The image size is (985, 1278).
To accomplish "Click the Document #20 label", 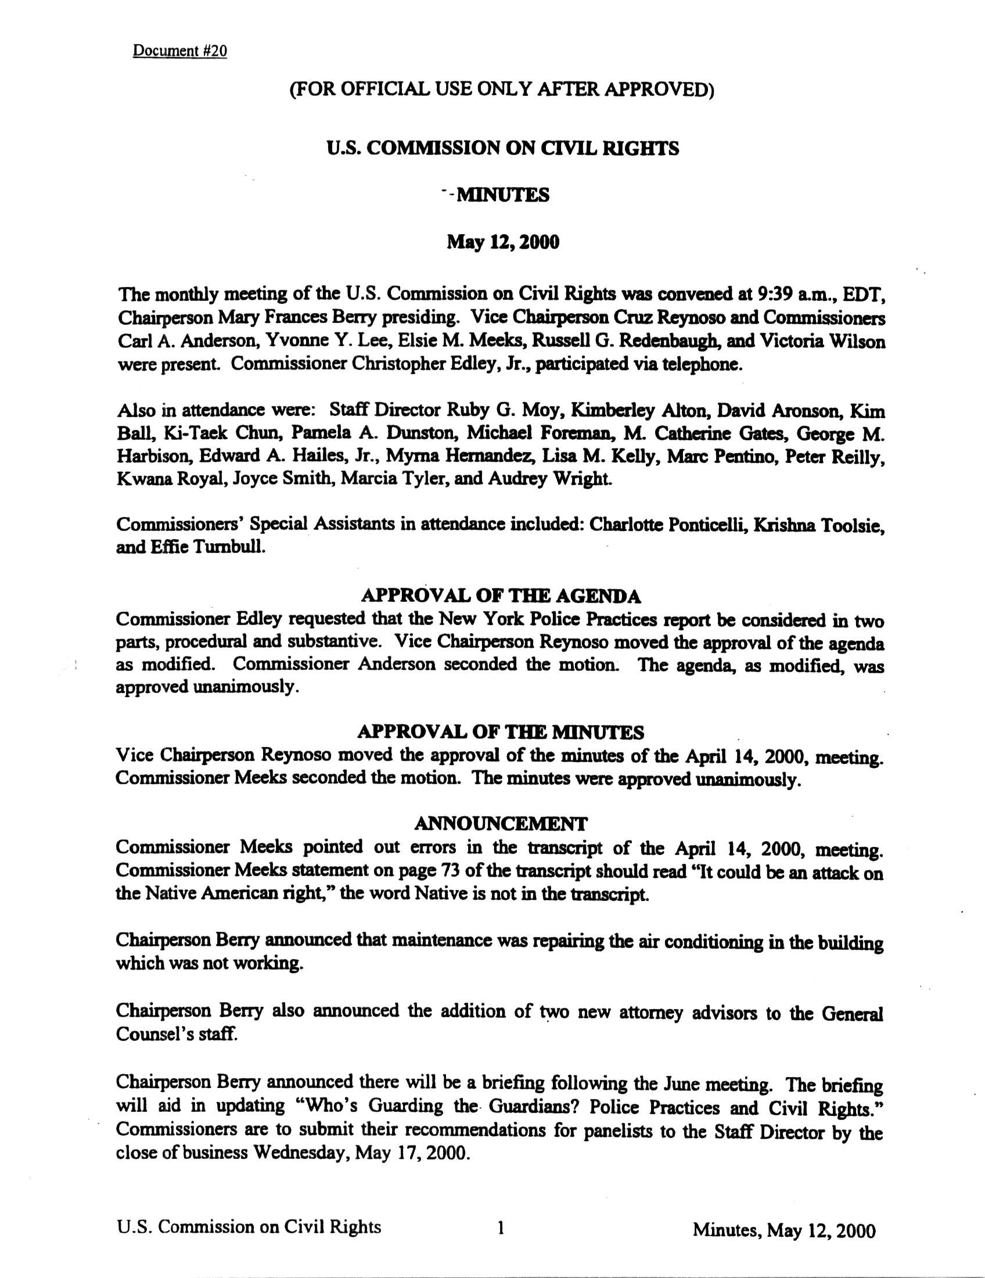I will [x=179, y=51].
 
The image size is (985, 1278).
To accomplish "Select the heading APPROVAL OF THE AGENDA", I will [x=501, y=596].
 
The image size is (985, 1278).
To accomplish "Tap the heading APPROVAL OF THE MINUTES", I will [x=501, y=732].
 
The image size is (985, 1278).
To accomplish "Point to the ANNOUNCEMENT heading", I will [x=501, y=823].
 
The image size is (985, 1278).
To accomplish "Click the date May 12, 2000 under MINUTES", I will [x=503, y=242].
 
